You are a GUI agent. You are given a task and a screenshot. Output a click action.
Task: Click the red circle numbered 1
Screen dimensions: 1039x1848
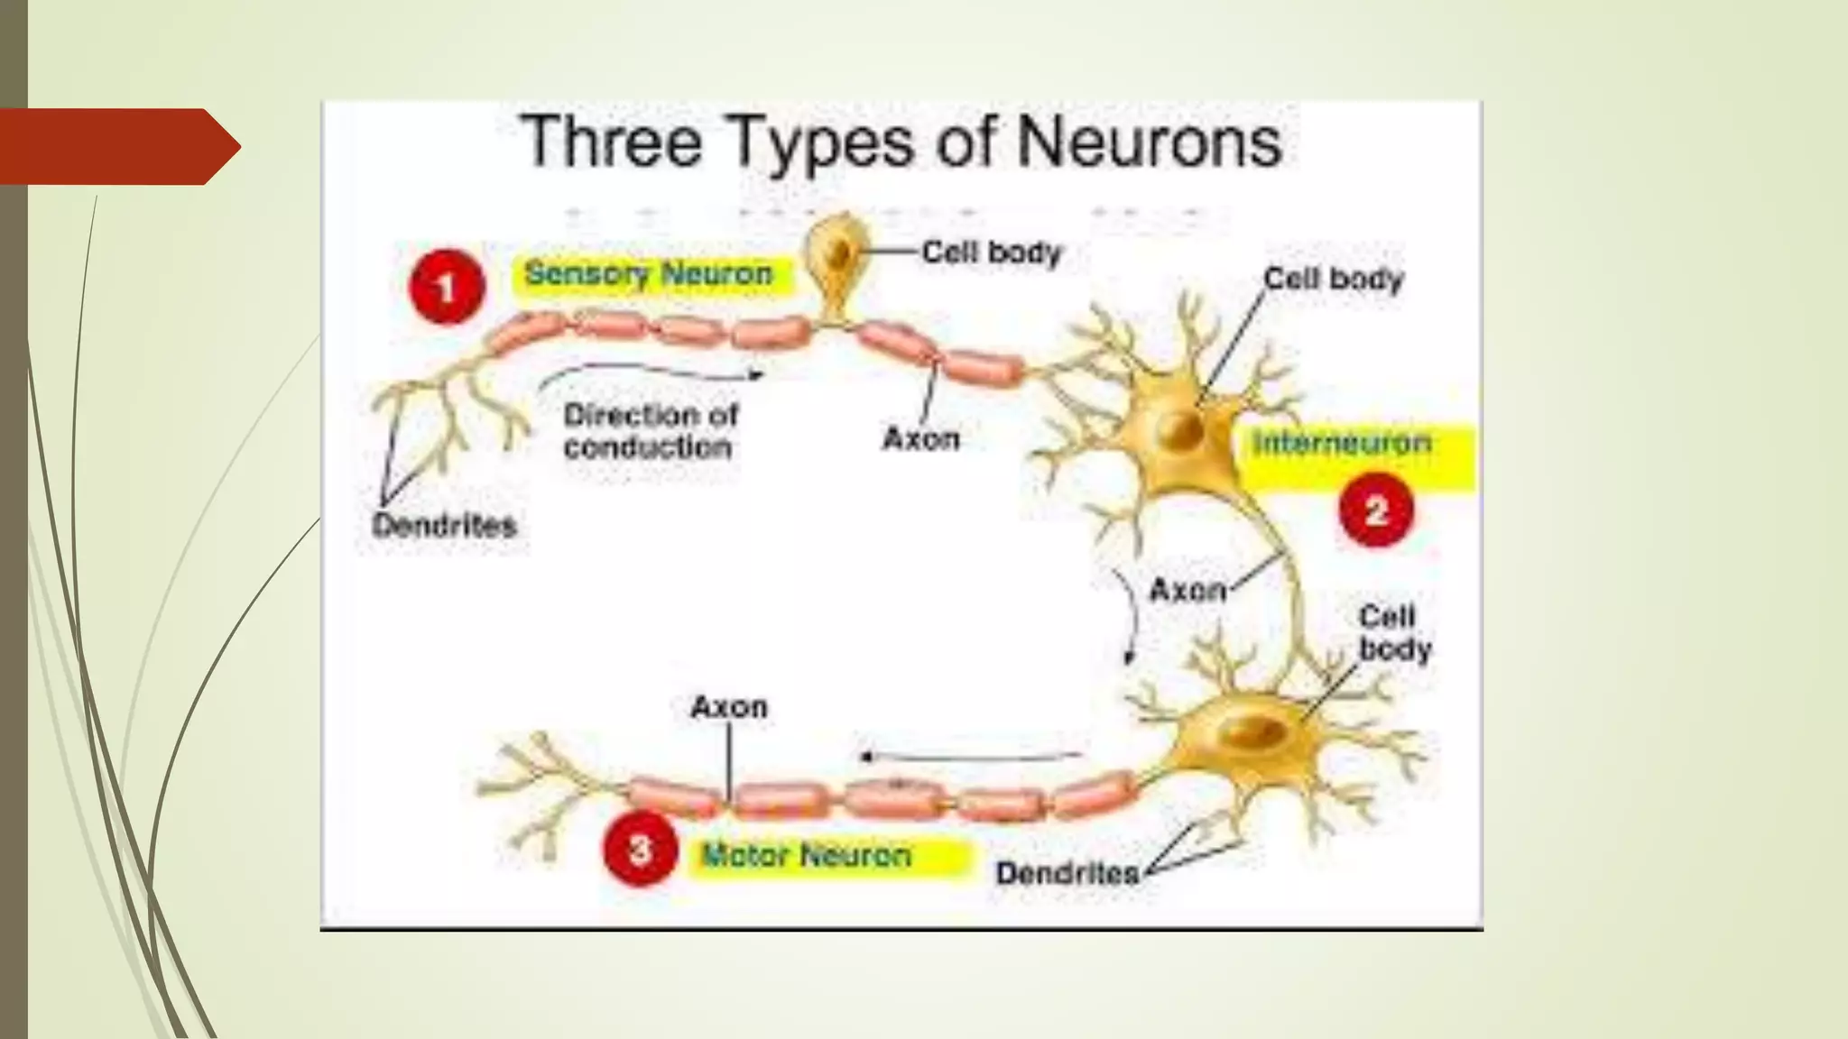(x=446, y=288)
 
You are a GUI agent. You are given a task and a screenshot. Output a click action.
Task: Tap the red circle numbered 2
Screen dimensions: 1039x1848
(x=1376, y=511)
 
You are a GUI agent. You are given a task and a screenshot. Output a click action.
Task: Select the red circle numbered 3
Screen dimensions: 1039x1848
(x=640, y=849)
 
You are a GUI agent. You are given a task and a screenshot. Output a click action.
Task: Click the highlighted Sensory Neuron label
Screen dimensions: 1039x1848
(x=649, y=273)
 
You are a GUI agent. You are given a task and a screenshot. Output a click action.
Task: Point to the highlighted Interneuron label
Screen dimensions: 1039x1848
(x=1343, y=443)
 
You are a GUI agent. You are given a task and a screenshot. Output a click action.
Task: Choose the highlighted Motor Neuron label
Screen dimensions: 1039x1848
(x=807, y=855)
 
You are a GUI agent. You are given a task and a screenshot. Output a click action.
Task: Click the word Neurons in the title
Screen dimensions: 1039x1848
(x=1149, y=142)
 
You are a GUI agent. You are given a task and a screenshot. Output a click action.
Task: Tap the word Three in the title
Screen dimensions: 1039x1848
(x=613, y=142)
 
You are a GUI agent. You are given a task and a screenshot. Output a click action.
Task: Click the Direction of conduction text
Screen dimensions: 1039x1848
(x=650, y=431)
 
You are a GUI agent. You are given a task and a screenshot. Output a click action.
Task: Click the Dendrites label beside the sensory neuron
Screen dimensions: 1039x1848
(x=444, y=525)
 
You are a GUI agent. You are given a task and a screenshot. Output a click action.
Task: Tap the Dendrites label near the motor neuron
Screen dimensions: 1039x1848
(x=1067, y=873)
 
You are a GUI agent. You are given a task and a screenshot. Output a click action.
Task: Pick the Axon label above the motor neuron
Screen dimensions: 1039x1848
(x=729, y=706)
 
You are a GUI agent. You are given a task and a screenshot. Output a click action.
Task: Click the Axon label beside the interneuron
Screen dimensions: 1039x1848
(x=1187, y=591)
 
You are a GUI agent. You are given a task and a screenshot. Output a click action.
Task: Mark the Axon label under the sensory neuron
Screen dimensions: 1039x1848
(x=920, y=439)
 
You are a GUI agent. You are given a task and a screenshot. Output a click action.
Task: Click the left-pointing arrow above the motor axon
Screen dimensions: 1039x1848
(x=970, y=756)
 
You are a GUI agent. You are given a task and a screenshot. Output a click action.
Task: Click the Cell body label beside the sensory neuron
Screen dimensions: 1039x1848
(x=992, y=253)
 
